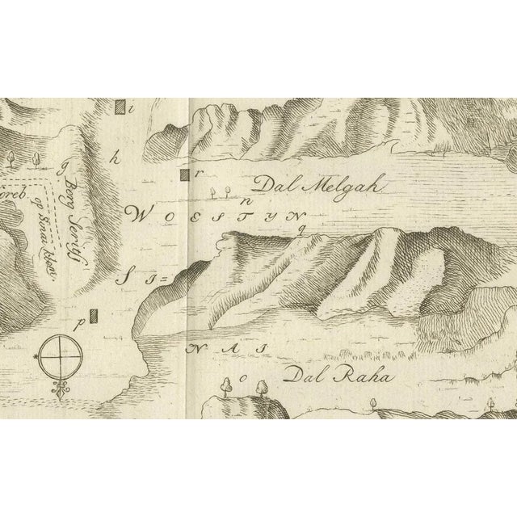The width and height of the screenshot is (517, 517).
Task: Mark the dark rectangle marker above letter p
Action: coord(94,314)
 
